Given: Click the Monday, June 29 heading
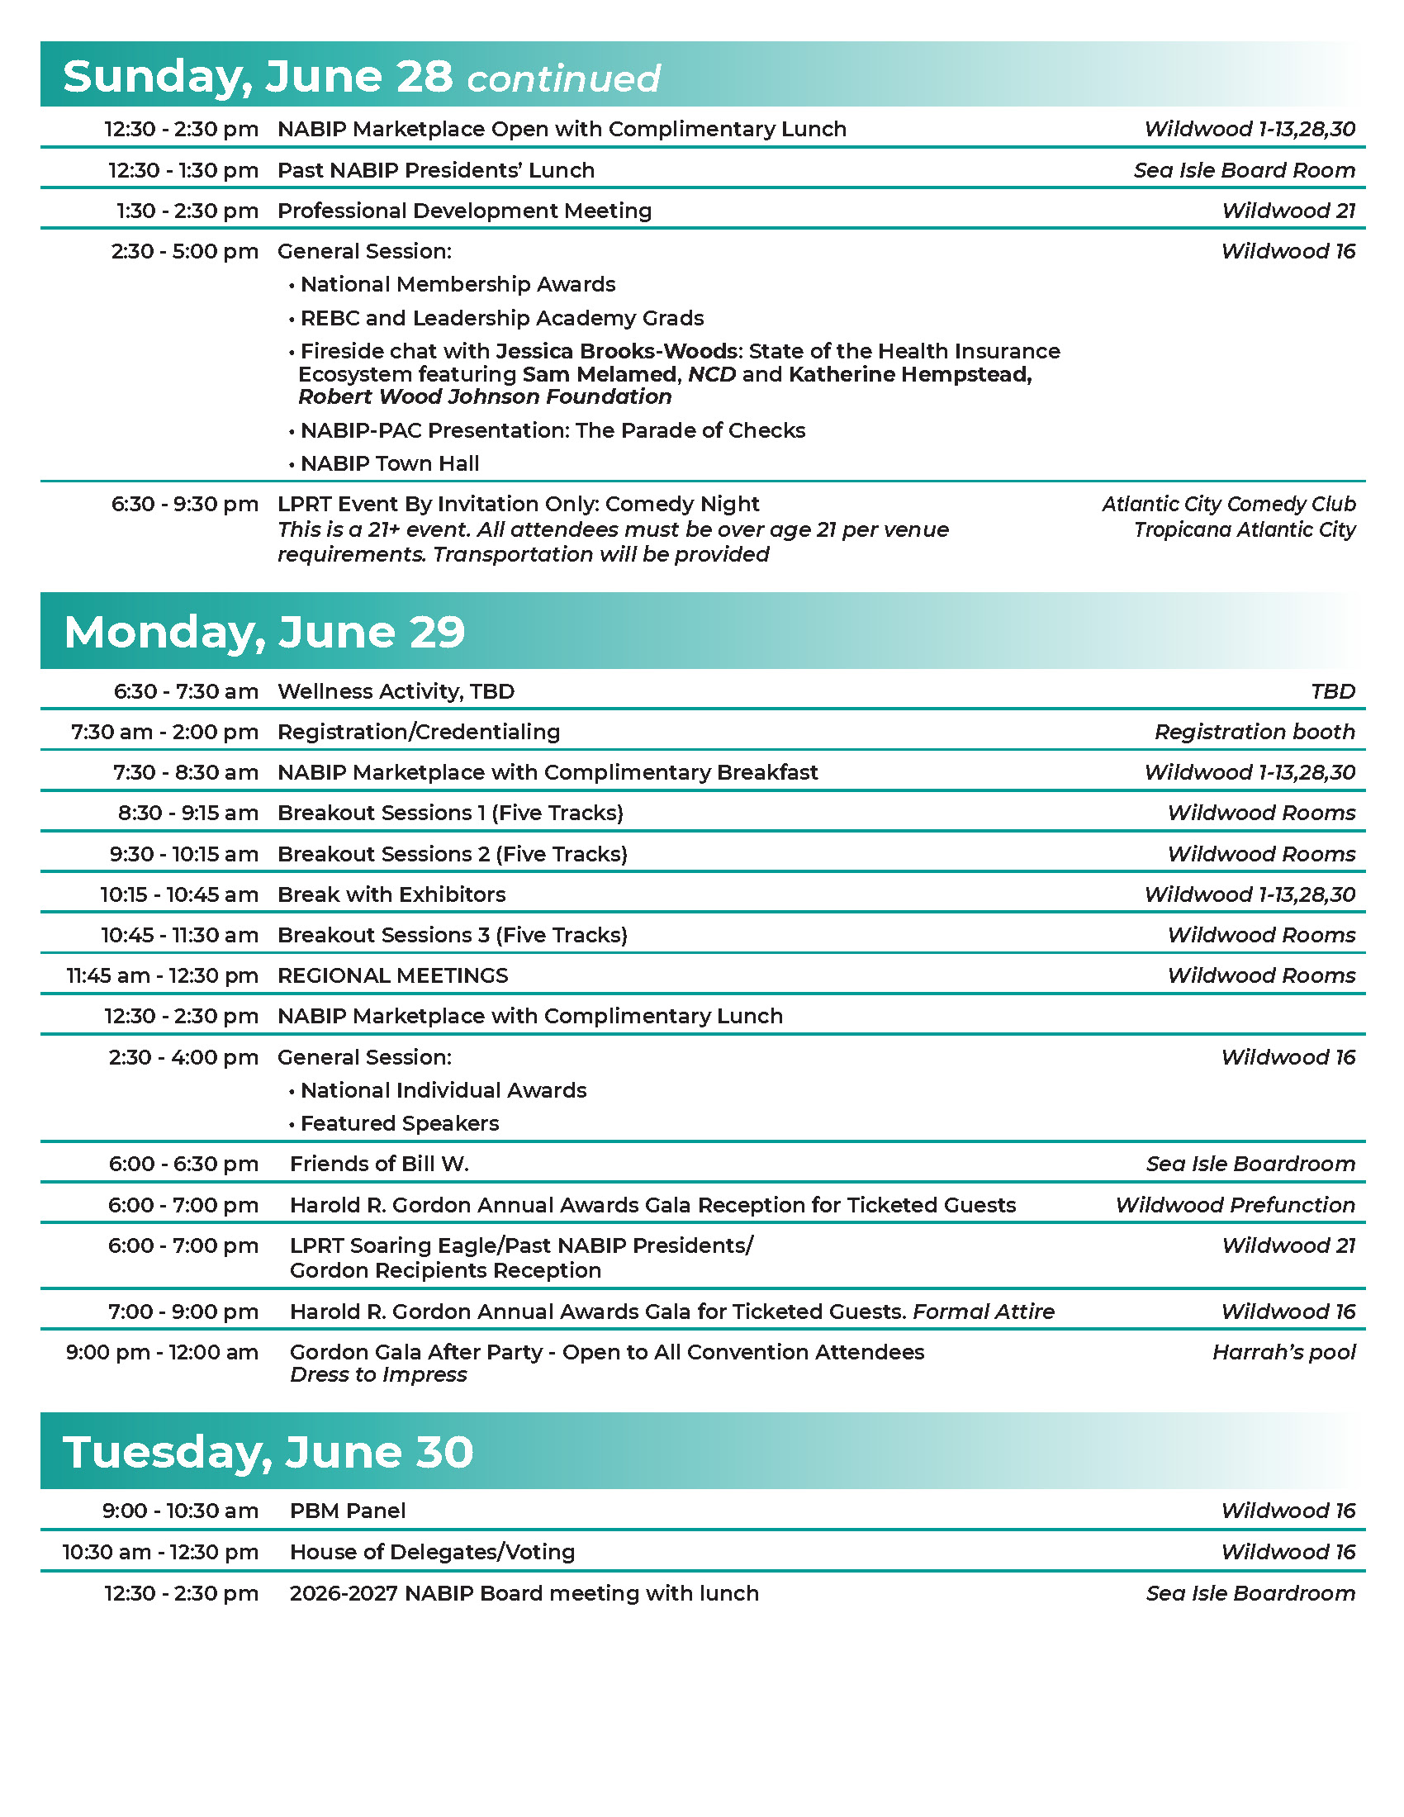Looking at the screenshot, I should pyautogui.click(x=264, y=632).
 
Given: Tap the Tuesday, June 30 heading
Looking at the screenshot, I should pyautogui.click(x=268, y=1452).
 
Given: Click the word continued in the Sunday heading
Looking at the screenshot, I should pyautogui.click(x=563, y=79).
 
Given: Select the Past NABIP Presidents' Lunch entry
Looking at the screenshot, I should pyautogui.click(x=436, y=171).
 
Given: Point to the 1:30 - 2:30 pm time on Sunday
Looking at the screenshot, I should pyautogui.click(x=187, y=211).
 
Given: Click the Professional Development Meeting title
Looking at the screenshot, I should pyautogui.click(x=464, y=211).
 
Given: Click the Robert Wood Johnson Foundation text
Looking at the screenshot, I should pyautogui.click(x=485, y=396).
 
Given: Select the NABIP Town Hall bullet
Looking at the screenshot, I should pyautogui.click(x=389, y=463).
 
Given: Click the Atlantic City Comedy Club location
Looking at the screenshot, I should pyautogui.click(x=1229, y=504).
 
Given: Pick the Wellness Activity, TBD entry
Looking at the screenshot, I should pyautogui.click(x=396, y=691).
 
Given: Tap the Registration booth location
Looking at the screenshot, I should pyautogui.click(x=1255, y=732).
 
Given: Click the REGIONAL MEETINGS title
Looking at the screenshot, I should pyautogui.click(x=392, y=975).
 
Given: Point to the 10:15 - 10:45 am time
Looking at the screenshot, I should pyautogui.click(x=179, y=894).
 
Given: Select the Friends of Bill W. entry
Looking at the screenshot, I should pyautogui.click(x=379, y=1164).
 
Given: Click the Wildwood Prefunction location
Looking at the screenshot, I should pyautogui.click(x=1236, y=1205).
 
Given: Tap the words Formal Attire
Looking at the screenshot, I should pyautogui.click(x=983, y=1312).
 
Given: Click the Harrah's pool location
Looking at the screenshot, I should pyautogui.click(x=1283, y=1353).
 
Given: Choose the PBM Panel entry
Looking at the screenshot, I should pyautogui.click(x=348, y=1511).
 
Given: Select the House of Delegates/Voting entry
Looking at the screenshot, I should pyautogui.click(x=433, y=1552).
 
